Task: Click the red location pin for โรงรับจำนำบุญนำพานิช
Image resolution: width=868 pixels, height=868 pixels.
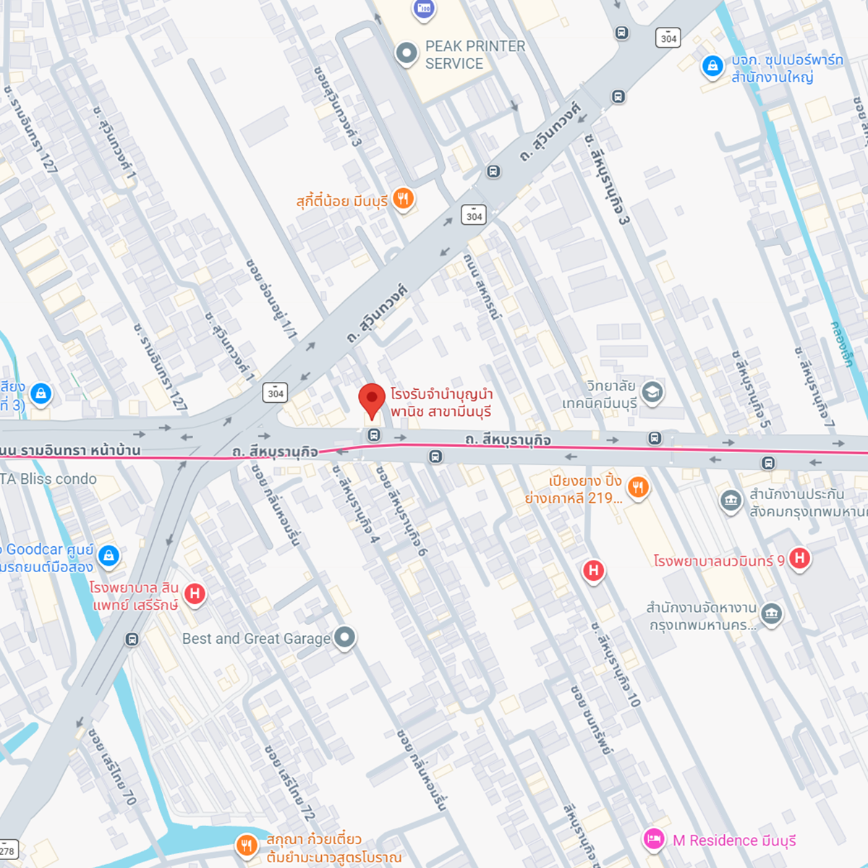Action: click(x=372, y=399)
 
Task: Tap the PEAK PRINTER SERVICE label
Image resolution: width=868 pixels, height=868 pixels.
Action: click(x=475, y=55)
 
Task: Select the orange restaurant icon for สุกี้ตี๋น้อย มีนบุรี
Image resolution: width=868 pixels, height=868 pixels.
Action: click(x=404, y=199)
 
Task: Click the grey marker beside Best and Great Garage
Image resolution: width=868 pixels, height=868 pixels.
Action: click(x=345, y=637)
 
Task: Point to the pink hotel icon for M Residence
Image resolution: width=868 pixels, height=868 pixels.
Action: click(x=654, y=839)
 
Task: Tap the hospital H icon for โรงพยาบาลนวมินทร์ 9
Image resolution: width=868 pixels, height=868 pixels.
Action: click(x=799, y=558)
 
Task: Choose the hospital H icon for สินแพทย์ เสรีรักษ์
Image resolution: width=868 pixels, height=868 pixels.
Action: click(x=195, y=594)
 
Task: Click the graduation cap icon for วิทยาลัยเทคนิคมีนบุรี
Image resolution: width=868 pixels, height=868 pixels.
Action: click(x=652, y=392)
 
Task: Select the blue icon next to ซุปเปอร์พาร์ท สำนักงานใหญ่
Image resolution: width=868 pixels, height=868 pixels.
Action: click(x=712, y=67)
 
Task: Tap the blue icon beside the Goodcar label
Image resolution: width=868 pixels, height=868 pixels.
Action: click(x=109, y=556)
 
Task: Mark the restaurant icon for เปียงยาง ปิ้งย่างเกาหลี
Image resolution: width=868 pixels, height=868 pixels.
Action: click(x=637, y=487)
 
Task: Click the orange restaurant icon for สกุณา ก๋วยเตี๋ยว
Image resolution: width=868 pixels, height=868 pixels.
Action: click(x=247, y=845)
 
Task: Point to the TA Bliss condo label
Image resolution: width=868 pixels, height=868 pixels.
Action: click(x=48, y=479)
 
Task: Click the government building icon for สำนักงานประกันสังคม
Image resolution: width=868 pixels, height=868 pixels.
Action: click(x=731, y=500)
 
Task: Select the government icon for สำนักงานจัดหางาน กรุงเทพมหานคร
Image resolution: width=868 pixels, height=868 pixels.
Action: click(x=772, y=614)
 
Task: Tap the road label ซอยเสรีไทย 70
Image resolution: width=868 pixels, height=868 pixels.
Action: click(x=112, y=767)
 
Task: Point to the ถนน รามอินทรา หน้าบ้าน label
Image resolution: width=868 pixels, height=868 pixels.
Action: click(x=70, y=450)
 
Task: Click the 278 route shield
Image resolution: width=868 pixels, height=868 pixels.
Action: click(x=7, y=851)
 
